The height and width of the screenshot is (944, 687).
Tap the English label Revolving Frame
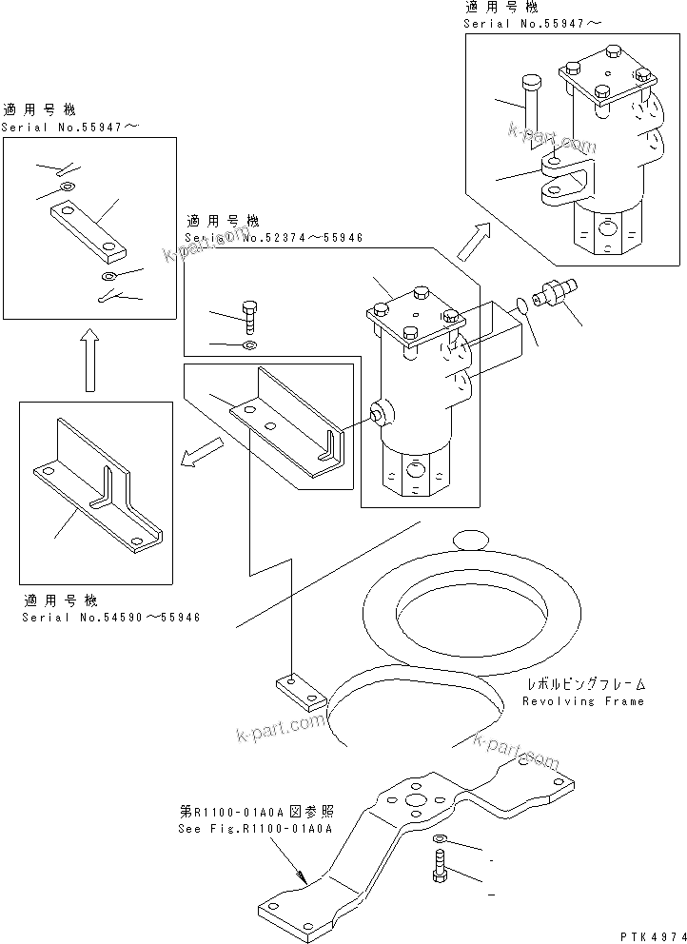pyautogui.click(x=582, y=701)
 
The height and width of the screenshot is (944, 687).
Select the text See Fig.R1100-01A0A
pyautogui.click(x=254, y=829)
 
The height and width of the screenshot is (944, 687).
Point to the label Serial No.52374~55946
pyautogui.click(x=275, y=238)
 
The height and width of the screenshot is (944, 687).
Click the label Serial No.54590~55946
pyautogui.click(x=112, y=617)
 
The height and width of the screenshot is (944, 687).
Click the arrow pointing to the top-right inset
pyautogui.click(x=475, y=242)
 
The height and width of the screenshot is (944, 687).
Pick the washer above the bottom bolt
pyautogui.click(x=439, y=839)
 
